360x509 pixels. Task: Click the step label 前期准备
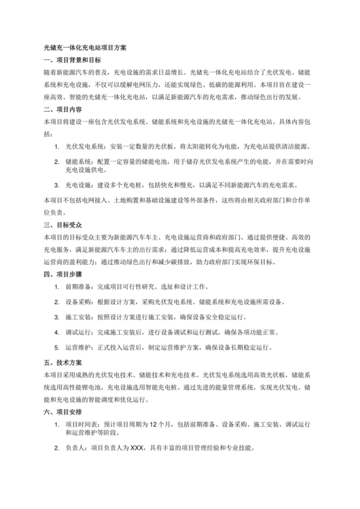(77, 287)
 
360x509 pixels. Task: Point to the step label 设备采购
(77, 302)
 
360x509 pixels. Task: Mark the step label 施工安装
(77, 317)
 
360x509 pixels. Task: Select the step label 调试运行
(77, 332)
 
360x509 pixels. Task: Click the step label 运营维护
(77, 348)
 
